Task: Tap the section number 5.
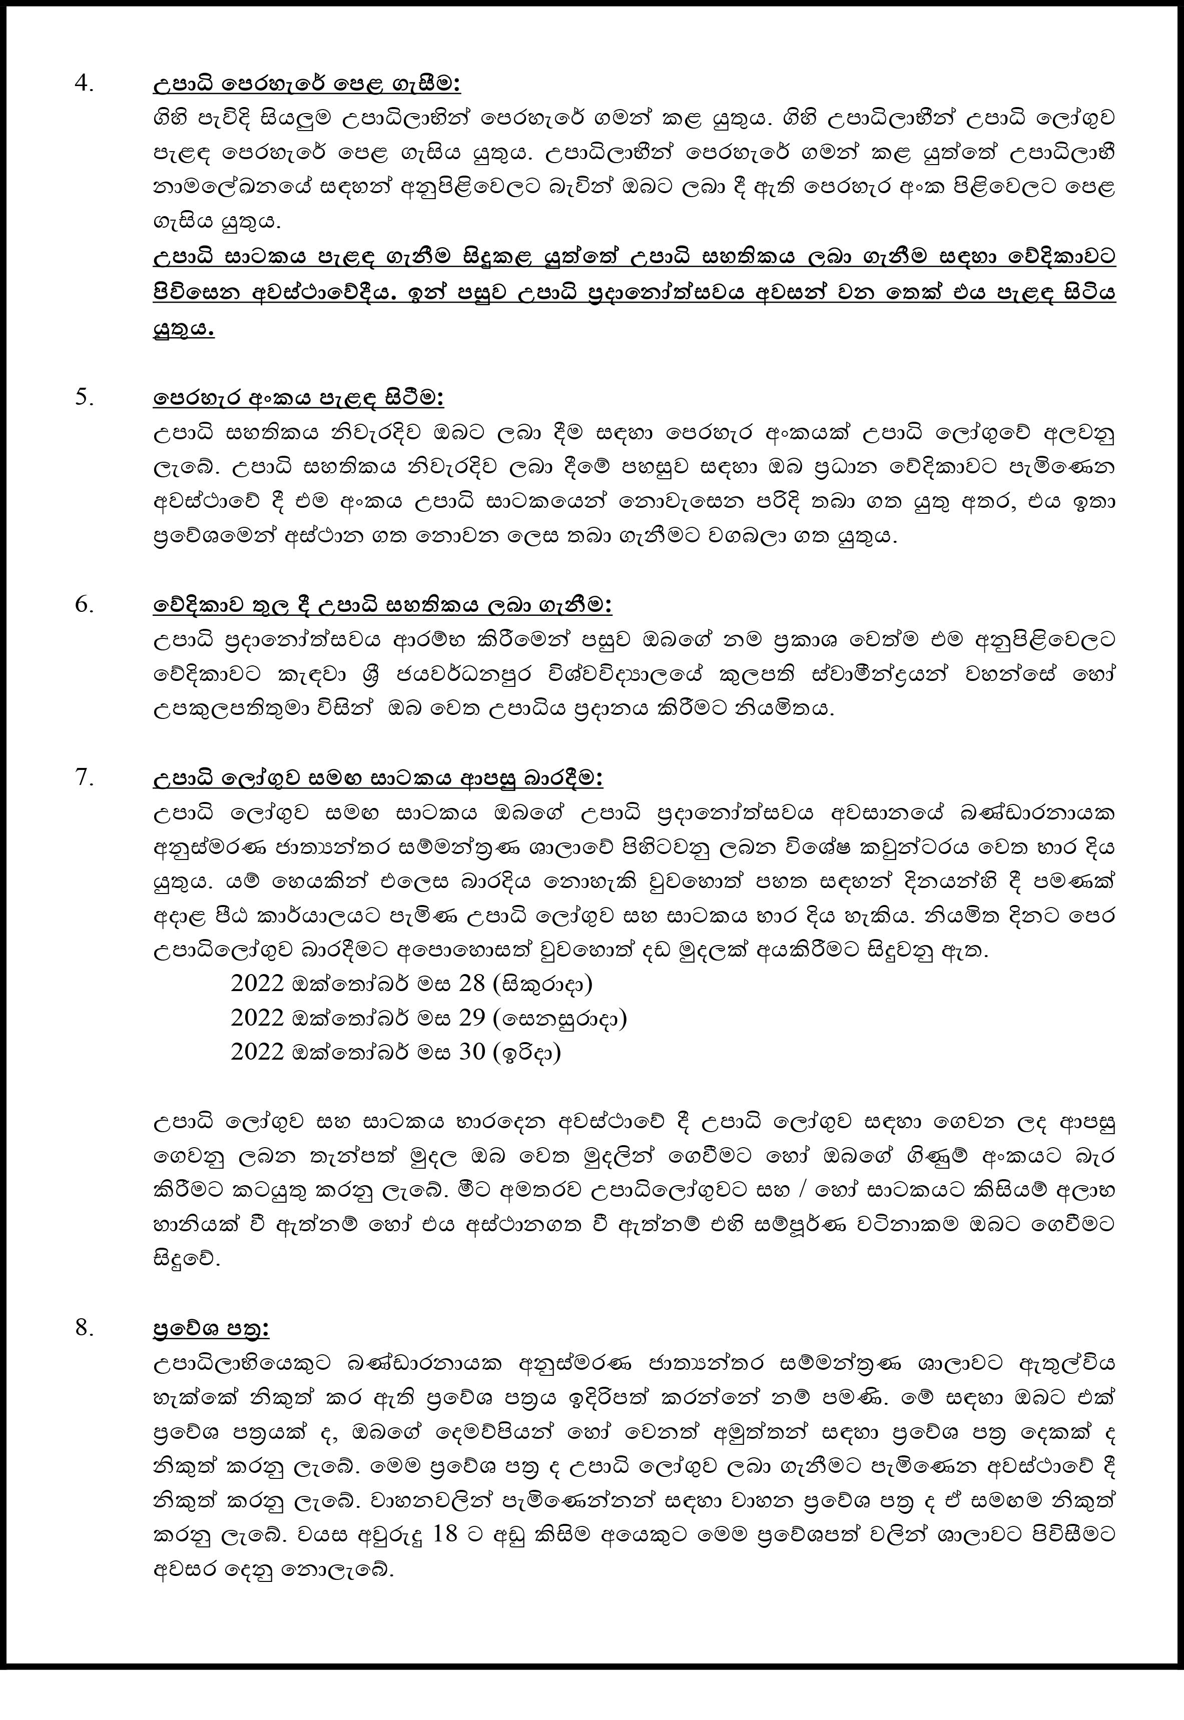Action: click(x=85, y=398)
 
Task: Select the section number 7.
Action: click(x=85, y=778)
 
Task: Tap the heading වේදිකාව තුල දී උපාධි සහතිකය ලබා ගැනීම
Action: click(x=382, y=605)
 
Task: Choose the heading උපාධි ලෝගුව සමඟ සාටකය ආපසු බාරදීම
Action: click(x=378, y=779)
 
